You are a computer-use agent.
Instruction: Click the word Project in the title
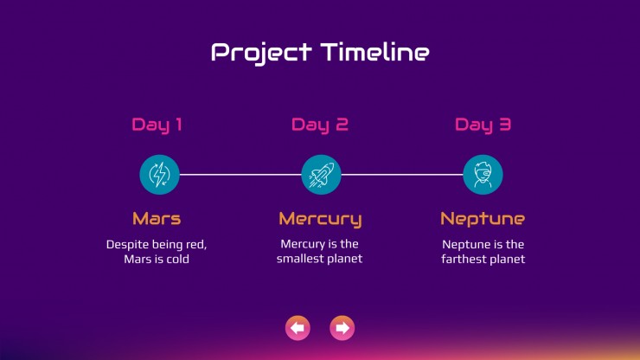click(262, 53)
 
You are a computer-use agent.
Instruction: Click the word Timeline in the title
click(375, 52)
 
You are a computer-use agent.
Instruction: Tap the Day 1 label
click(157, 125)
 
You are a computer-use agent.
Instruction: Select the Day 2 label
click(320, 125)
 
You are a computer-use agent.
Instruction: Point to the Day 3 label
click(483, 125)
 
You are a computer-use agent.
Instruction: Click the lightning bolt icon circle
click(160, 175)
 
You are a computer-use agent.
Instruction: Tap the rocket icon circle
click(321, 175)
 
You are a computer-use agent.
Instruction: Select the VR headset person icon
click(483, 175)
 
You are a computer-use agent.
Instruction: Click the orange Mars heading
click(157, 219)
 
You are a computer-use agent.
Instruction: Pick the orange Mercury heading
click(320, 220)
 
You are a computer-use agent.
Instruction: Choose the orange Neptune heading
click(483, 220)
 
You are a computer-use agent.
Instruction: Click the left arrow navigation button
click(298, 328)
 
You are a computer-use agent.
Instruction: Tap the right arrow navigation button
click(342, 328)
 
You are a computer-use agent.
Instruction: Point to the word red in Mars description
click(196, 245)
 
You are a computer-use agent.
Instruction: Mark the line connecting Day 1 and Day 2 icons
click(240, 175)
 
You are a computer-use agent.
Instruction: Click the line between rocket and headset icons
click(402, 175)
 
